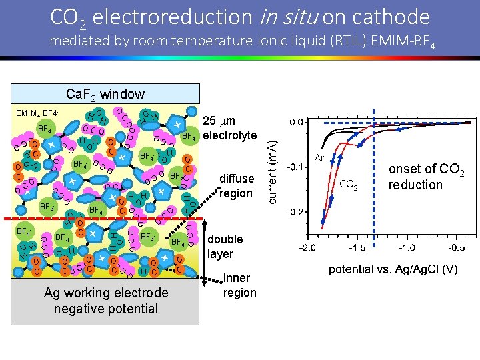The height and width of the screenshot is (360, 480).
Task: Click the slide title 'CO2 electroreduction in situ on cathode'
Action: click(x=240, y=17)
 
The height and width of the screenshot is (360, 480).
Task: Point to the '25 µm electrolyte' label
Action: click(x=229, y=128)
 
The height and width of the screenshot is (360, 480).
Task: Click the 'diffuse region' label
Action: click(x=237, y=186)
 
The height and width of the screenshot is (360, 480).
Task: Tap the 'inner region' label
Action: click(x=239, y=285)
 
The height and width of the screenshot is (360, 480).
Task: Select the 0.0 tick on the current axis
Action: click(x=295, y=122)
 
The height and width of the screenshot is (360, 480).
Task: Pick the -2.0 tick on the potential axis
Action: click(x=307, y=247)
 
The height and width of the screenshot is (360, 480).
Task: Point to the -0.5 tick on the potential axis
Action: click(x=456, y=247)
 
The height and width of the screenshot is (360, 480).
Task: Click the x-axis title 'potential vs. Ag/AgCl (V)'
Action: click(x=393, y=269)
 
